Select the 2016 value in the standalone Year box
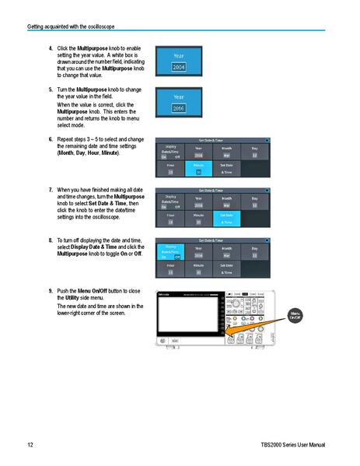(179, 109)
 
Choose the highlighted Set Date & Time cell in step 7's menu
(226, 219)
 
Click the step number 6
(51, 138)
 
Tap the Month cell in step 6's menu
(226, 152)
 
